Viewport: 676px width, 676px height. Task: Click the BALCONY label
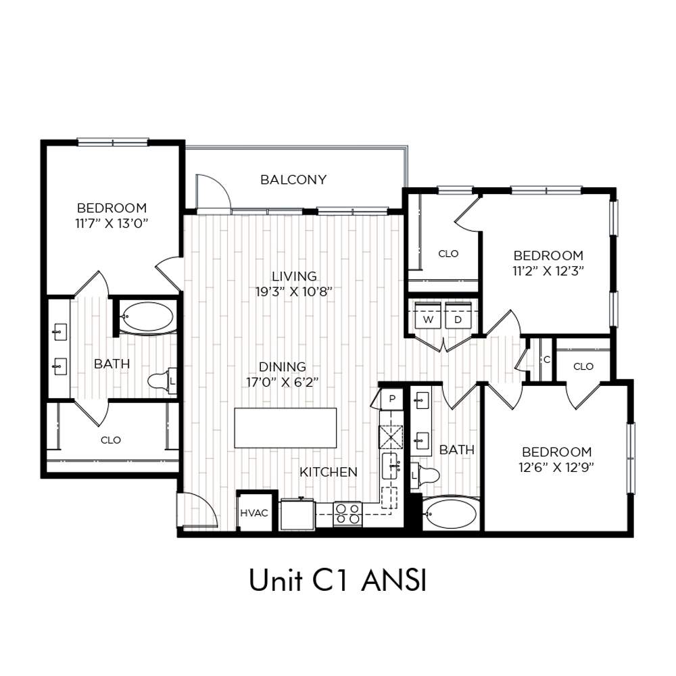coord(293,179)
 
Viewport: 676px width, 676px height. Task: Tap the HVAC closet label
coord(254,513)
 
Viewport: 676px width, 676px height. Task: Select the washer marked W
coord(428,316)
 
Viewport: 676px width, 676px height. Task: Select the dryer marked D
coord(458,316)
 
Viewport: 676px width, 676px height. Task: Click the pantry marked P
coord(391,399)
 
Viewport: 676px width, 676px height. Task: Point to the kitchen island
coord(285,428)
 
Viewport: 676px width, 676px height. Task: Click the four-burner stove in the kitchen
coord(347,514)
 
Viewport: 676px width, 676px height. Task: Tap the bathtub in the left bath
coord(147,317)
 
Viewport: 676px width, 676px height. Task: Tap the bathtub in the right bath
coord(450,514)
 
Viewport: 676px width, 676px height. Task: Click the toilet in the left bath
coord(162,381)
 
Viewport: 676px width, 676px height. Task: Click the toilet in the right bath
coord(425,475)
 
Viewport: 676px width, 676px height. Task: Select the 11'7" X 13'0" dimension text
coord(112,223)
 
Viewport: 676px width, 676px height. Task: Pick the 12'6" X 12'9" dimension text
coord(556,467)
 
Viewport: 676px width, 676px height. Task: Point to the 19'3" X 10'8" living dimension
coord(294,292)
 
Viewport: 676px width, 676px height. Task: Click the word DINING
coord(283,366)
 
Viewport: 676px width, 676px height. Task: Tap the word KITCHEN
coord(329,472)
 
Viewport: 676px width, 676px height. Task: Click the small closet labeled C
coord(547,360)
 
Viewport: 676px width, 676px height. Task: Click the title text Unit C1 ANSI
coord(338,580)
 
